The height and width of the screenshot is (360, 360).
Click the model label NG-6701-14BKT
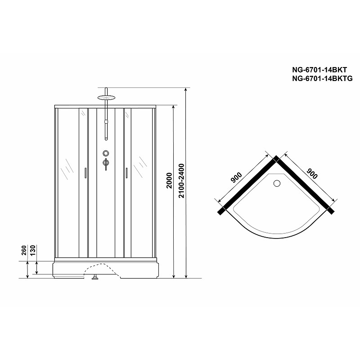[x=319, y=70]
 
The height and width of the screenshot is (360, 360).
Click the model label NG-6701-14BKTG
[x=322, y=78]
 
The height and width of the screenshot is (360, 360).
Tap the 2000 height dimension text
[x=169, y=180]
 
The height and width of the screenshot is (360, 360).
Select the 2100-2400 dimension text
[x=181, y=181]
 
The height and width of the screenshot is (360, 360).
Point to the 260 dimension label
[x=24, y=250]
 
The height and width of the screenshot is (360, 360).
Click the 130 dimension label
[x=33, y=250]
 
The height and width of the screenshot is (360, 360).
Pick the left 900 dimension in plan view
[x=236, y=177]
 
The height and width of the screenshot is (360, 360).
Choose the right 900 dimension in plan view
[x=312, y=174]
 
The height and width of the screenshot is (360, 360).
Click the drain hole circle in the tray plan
[x=277, y=183]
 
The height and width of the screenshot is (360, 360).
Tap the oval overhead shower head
[x=106, y=98]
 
